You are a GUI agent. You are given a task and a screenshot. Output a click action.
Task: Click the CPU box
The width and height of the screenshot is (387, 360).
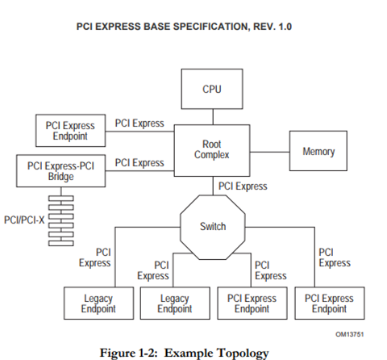click(211, 90)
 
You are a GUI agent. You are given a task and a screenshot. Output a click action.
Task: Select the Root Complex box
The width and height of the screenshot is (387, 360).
click(212, 150)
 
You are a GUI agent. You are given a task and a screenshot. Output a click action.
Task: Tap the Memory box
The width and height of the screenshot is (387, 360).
click(318, 152)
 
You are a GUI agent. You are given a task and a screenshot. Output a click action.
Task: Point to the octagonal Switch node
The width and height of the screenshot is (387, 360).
click(212, 227)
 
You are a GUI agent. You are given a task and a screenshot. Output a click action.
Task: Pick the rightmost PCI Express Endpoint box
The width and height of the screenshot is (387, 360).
click(328, 303)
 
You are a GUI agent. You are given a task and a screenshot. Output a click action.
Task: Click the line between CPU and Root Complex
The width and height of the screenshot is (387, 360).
click(211, 117)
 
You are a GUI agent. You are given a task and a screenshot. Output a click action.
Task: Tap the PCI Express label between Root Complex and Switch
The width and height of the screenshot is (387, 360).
click(243, 186)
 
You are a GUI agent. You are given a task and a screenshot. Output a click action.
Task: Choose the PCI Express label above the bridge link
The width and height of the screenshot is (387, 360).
click(139, 163)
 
